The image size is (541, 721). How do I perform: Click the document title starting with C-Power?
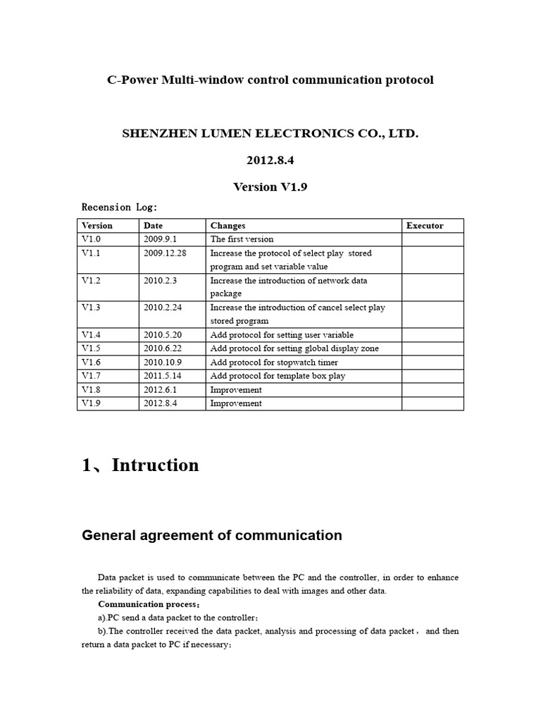click(x=270, y=80)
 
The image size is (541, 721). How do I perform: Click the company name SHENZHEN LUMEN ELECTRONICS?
click(x=270, y=133)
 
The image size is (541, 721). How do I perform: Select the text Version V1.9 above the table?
click(x=270, y=187)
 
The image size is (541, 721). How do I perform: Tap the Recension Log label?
click(x=120, y=207)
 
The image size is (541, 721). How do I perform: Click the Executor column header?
click(x=425, y=225)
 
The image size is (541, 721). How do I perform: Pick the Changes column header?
click(x=228, y=225)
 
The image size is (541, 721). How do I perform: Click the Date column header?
click(x=153, y=225)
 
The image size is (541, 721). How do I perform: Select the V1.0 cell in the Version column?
click(x=92, y=239)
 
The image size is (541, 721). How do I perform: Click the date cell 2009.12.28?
click(x=164, y=253)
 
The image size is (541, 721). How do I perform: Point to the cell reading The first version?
click(x=242, y=239)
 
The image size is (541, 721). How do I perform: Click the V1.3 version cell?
click(x=92, y=307)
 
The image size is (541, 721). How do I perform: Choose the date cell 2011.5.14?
click(x=162, y=376)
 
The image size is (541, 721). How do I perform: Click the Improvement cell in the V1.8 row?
click(x=236, y=389)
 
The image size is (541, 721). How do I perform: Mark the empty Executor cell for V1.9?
click(x=433, y=403)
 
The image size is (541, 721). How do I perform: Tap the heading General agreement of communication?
click(x=212, y=535)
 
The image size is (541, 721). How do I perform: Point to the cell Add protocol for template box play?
click(x=278, y=376)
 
